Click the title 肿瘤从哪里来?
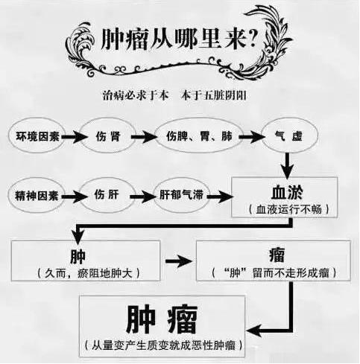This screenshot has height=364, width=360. point(179,39)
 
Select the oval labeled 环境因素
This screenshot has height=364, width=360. point(37,135)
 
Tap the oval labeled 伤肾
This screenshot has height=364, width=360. point(108,135)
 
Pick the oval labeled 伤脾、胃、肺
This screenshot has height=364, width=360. point(199,135)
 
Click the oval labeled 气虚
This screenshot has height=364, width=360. point(289,135)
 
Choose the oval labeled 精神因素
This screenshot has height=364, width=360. point(37,195)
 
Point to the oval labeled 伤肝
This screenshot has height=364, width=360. point(107,195)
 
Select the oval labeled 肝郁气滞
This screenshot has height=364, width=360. point(181,195)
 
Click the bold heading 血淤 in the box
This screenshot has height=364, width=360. point(287,192)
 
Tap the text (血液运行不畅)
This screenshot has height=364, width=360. point(289,209)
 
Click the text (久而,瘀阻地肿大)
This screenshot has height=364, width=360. point(89,273)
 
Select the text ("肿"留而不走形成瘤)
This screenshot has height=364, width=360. point(274,272)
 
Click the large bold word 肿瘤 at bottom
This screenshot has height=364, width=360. point(162,319)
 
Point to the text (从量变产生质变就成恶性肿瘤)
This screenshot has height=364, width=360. point(164,345)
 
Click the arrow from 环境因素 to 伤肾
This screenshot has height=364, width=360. point(75,137)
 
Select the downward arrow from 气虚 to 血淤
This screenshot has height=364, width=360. point(287,165)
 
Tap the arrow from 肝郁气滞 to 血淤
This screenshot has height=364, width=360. point(221,197)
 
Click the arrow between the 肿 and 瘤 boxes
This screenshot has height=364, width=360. point(179,261)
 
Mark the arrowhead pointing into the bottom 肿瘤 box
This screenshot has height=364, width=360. point(253,331)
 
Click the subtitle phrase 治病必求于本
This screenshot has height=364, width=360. point(136,95)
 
